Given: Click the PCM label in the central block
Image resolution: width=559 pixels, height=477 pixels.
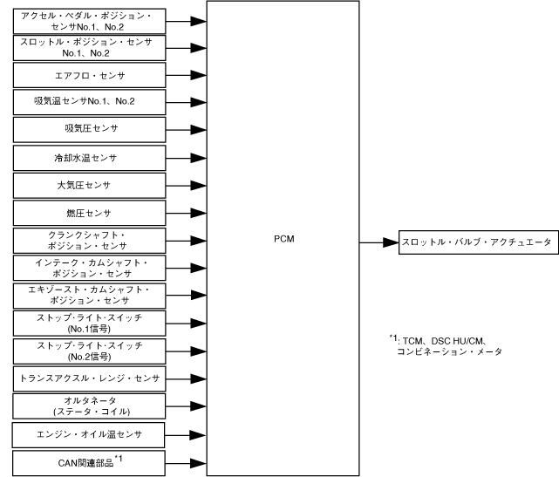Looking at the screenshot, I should (283, 236).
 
